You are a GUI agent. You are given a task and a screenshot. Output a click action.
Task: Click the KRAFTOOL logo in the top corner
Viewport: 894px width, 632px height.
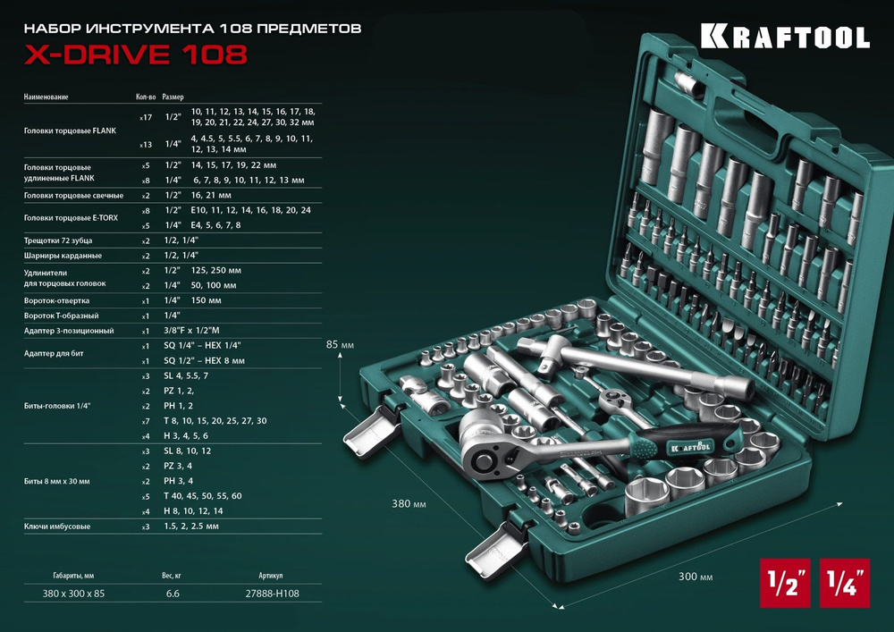tap(784, 37)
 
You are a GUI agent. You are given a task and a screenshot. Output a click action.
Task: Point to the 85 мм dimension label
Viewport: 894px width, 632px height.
tap(341, 344)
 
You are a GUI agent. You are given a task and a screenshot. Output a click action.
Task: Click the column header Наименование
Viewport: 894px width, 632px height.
tap(46, 97)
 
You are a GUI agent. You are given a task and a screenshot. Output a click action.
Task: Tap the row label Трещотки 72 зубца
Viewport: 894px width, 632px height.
tap(58, 240)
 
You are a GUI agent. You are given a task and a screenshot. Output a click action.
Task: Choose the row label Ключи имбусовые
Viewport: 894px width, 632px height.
tap(57, 527)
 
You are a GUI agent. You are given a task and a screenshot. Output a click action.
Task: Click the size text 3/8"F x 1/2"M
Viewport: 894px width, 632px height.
tap(224, 331)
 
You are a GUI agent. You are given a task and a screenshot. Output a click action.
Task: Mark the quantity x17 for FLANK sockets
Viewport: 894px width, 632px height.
tap(144, 117)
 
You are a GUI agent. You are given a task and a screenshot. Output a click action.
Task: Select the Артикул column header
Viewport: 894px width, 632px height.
tap(270, 576)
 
